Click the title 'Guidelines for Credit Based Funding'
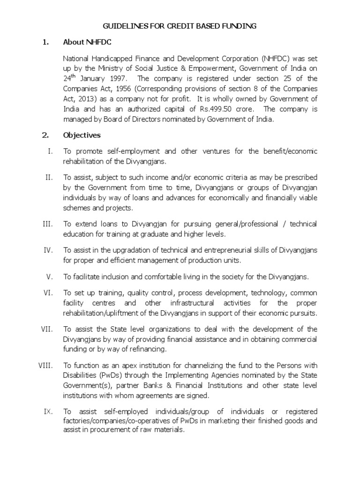[180, 26]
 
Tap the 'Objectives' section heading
[82, 135]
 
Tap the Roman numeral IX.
[49, 411]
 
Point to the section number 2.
[45, 135]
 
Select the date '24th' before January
[70, 78]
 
